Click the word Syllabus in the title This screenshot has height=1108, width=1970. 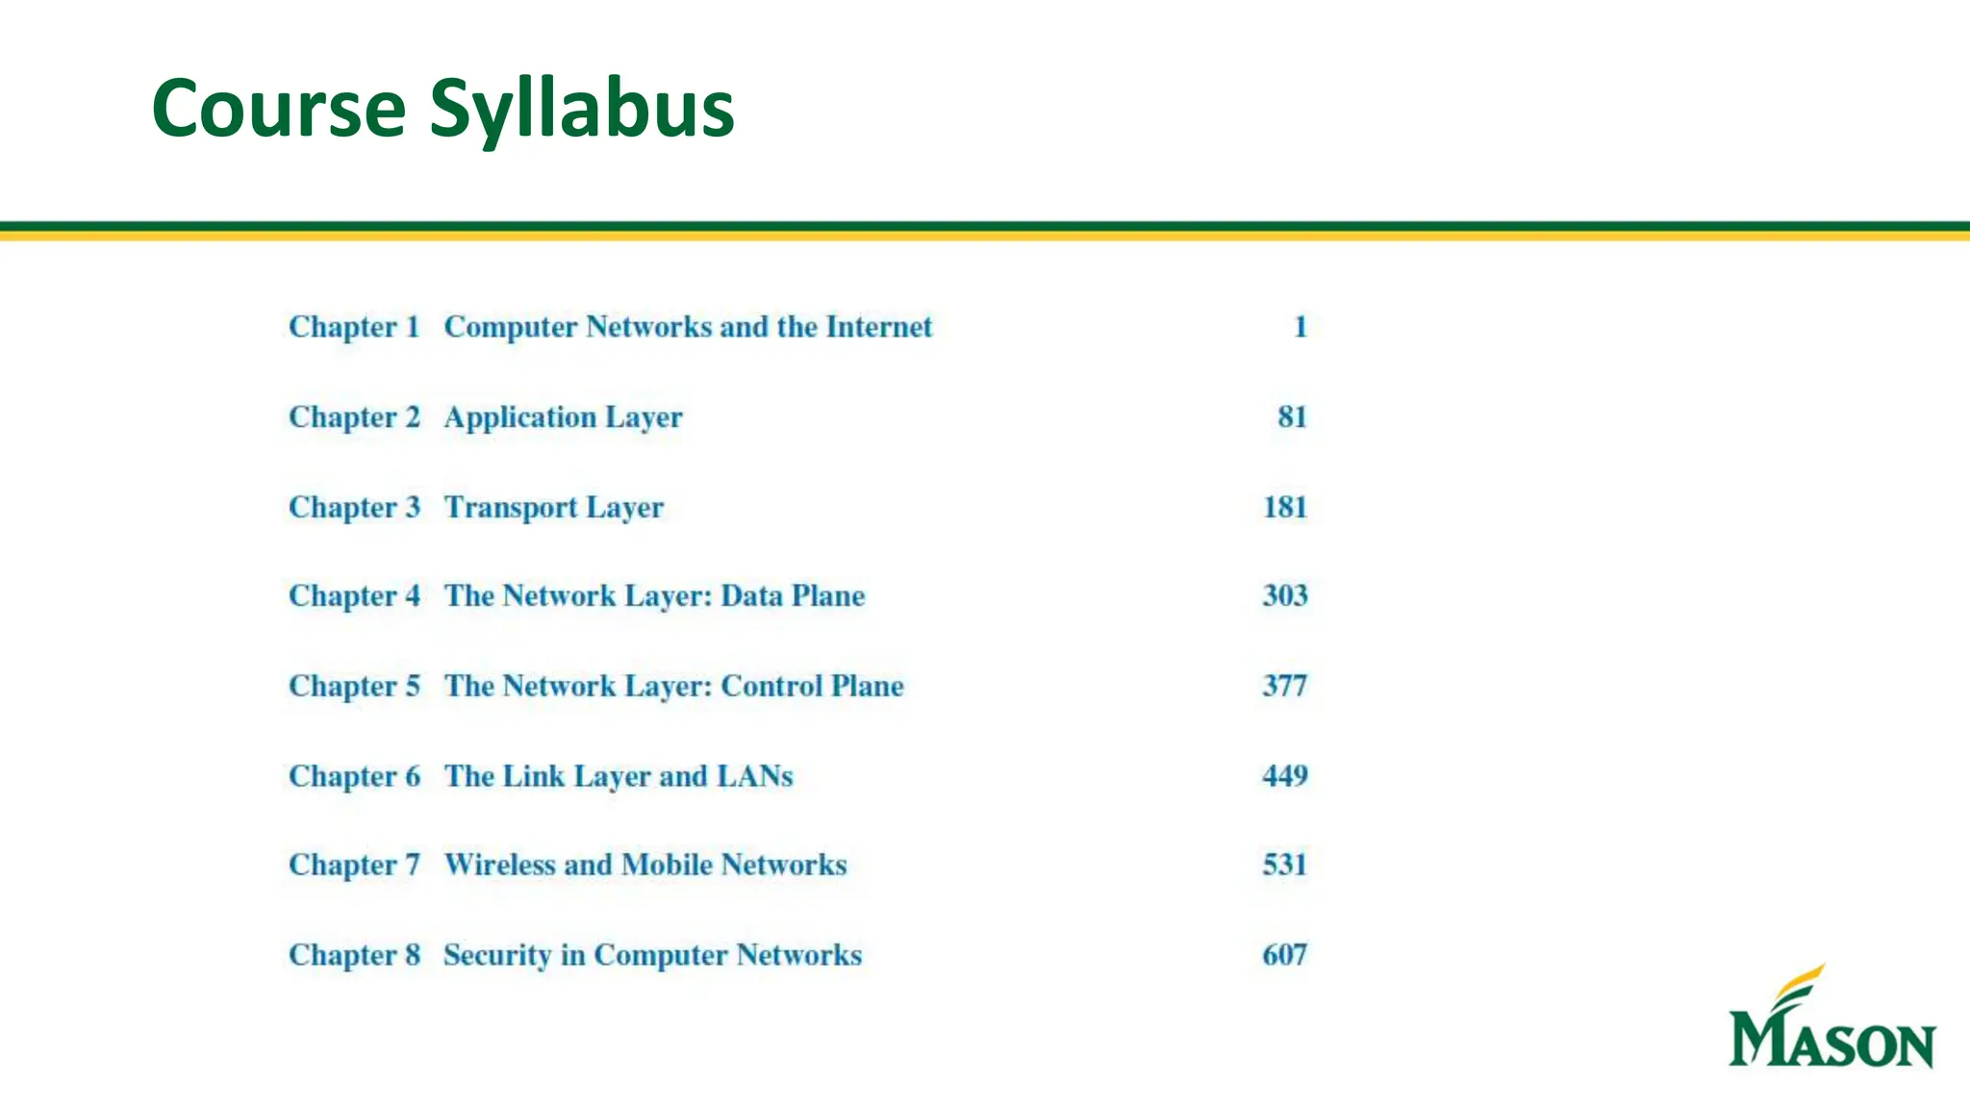pyautogui.click(x=581, y=109)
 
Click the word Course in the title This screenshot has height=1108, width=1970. pyautogui.click(x=279, y=109)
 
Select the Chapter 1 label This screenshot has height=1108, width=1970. pyautogui.click(x=354, y=327)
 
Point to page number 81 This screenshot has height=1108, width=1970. pyautogui.click(x=1292, y=416)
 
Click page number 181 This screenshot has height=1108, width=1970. pyautogui.click(x=1284, y=507)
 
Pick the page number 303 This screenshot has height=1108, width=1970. pyautogui.click(x=1284, y=595)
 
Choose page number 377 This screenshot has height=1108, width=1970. pyautogui.click(x=1284, y=686)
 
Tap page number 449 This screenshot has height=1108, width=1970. pyautogui.click(x=1284, y=775)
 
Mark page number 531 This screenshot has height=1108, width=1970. pyautogui.click(x=1284, y=865)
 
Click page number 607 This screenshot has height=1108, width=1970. pyautogui.click(x=1284, y=954)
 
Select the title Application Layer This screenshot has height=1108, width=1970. pyautogui.click(x=563, y=417)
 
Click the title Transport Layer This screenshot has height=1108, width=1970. pyautogui.click(x=553, y=507)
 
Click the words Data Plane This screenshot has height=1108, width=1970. pyautogui.click(x=793, y=596)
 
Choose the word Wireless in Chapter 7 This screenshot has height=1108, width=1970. pyautogui.click(x=499, y=865)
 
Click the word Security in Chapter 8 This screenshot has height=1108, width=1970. pyautogui.click(x=496, y=955)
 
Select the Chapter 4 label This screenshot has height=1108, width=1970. pyautogui.click(x=354, y=596)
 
